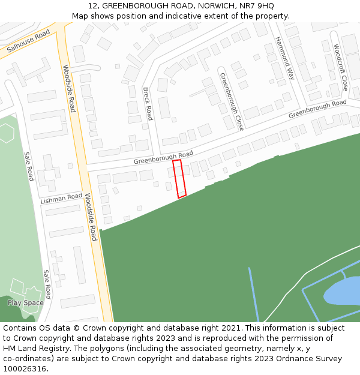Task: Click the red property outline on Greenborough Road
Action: [x=179, y=178]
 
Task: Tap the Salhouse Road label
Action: [x=28, y=41]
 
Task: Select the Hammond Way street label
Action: [x=285, y=58]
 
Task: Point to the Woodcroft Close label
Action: [x=340, y=67]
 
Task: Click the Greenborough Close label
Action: [x=232, y=101]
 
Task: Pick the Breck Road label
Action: [x=148, y=103]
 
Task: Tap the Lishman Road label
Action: [x=61, y=198]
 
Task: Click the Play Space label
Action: [x=26, y=303]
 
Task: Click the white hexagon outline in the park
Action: [x=6, y=133]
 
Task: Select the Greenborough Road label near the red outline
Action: [x=163, y=158]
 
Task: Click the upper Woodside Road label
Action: [x=70, y=88]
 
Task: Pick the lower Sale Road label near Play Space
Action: [x=47, y=284]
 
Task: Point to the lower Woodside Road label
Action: [x=91, y=217]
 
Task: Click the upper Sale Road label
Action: [x=28, y=166]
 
